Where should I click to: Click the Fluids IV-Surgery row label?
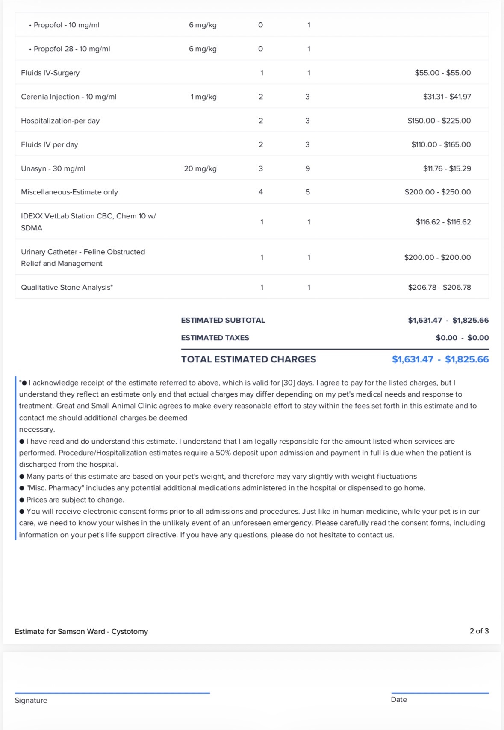[50, 73]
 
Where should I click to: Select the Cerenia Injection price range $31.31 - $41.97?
[447, 97]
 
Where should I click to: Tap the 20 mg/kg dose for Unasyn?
[200, 168]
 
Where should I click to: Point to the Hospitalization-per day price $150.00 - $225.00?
[439, 121]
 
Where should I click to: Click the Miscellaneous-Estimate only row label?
[69, 192]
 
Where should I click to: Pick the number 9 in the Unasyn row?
[307, 168]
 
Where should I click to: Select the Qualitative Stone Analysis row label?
[67, 287]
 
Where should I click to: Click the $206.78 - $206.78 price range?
[439, 287]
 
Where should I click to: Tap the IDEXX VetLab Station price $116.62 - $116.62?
[443, 222]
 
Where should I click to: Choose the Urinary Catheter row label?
[83, 257]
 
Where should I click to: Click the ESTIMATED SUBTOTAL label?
[223, 320]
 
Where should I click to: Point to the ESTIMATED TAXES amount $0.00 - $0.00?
[462, 338]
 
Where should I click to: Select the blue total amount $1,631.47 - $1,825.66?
[440, 359]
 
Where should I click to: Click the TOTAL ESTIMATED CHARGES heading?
[248, 359]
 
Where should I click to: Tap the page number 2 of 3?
[479, 631]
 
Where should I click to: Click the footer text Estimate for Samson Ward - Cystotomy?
[81, 631]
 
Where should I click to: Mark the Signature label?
[31, 700]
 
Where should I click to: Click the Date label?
[398, 699]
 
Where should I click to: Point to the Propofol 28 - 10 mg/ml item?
[71, 49]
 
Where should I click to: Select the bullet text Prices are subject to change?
[75, 500]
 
